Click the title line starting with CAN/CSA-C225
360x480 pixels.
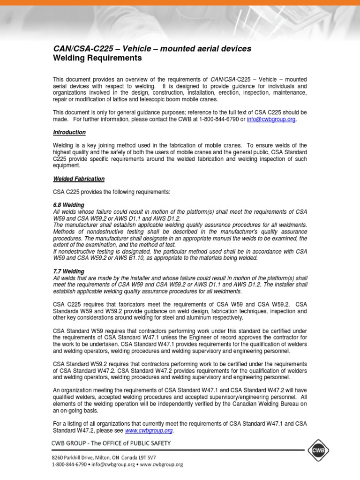152,49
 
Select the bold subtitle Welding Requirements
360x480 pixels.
97,58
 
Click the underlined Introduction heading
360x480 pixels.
69,133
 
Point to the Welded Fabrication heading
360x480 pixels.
78,179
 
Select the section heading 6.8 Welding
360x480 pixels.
68,205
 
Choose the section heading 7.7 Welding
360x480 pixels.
68,271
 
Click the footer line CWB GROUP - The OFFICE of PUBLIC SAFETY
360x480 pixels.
111,443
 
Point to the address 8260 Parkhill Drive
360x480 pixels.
78,457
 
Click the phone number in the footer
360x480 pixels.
69,465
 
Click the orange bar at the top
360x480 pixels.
180,3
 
